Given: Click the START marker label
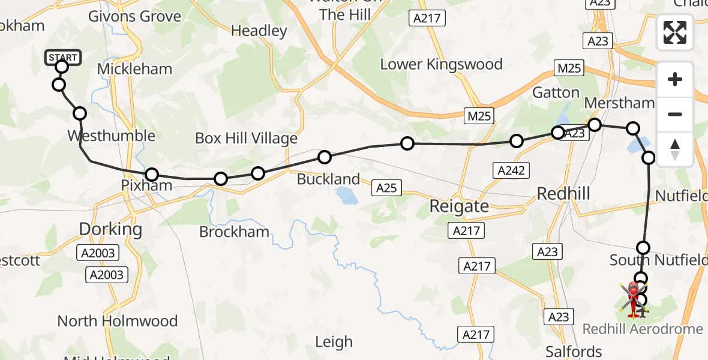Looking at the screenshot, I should [x=62, y=58].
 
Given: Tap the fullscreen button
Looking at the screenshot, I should [x=675, y=32].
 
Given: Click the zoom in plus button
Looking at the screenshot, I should [x=675, y=79].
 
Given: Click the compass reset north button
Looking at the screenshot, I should [x=675, y=149].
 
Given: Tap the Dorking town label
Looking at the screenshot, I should [x=111, y=229].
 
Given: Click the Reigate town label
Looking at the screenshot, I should [x=459, y=206].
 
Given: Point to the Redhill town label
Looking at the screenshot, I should [x=563, y=193].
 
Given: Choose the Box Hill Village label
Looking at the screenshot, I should [x=246, y=139].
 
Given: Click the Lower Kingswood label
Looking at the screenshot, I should [x=441, y=64].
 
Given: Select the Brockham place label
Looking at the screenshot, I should [x=234, y=232].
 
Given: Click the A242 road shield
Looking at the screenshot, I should [x=511, y=170].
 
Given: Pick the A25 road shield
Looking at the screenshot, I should [x=386, y=188].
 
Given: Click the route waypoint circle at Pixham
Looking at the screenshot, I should [x=151, y=175].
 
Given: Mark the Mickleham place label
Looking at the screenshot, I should [x=134, y=69].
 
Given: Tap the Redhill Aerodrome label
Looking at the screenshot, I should [x=643, y=329].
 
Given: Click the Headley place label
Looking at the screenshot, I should [x=259, y=31].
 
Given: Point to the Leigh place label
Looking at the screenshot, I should [x=334, y=342].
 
